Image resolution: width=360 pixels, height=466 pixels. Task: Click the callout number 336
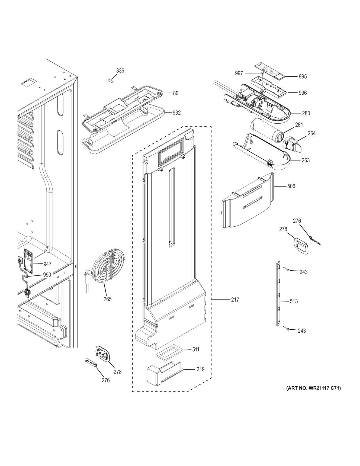pyautogui.click(x=120, y=71)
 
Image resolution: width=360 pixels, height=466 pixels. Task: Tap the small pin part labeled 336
pyautogui.click(x=111, y=81)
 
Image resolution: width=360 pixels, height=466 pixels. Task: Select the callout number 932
pyautogui.click(x=176, y=113)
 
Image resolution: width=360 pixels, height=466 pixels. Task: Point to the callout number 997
pyautogui.click(x=239, y=73)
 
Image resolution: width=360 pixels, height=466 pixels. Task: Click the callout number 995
pyautogui.click(x=303, y=77)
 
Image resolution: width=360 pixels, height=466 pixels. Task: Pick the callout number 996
pyautogui.click(x=303, y=93)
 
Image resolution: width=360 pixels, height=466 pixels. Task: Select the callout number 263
pyautogui.click(x=306, y=160)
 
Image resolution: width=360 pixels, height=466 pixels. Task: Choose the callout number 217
pyautogui.click(x=235, y=300)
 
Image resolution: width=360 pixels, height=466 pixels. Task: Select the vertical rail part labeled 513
pyautogui.click(x=277, y=294)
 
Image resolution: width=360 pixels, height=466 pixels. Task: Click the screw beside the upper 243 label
pyautogui.click(x=288, y=270)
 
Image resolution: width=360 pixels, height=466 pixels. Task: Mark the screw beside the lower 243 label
pyautogui.click(x=288, y=329)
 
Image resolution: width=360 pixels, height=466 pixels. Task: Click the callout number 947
pyautogui.click(x=47, y=264)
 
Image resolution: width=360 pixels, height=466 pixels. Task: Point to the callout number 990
pyautogui.click(x=47, y=275)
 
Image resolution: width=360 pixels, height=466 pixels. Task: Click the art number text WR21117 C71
pyautogui.click(x=314, y=388)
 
